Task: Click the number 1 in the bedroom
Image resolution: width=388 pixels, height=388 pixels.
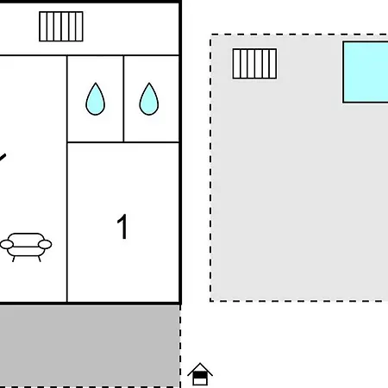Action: click(122, 227)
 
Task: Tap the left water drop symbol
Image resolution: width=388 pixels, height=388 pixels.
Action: click(96, 100)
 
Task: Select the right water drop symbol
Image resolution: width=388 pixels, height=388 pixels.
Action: click(149, 100)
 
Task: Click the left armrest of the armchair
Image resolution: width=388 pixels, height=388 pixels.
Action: click(7, 245)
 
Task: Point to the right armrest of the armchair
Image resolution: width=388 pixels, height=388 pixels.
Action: click(45, 244)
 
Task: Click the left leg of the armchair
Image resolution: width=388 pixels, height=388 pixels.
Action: click(13, 259)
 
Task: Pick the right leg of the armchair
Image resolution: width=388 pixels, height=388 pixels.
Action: click(40, 259)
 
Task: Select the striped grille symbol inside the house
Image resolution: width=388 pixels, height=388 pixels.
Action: click(61, 27)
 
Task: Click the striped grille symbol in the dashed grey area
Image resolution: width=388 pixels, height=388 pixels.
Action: click(254, 64)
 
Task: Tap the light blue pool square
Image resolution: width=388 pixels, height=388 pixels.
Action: click(366, 72)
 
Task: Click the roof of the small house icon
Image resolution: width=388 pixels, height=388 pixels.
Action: click(200, 369)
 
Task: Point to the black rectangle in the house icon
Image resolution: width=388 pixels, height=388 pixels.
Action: click(200, 375)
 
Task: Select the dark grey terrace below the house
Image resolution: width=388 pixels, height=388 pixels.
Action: click(90, 346)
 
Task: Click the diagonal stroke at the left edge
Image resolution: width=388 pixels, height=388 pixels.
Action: click(3, 159)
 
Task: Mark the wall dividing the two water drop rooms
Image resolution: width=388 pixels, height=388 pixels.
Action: click(123, 98)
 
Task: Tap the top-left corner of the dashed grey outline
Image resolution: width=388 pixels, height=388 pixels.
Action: click(210, 34)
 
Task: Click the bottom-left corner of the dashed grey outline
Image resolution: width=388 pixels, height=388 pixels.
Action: click(210, 301)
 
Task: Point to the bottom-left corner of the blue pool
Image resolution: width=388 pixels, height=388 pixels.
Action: click(343, 103)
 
